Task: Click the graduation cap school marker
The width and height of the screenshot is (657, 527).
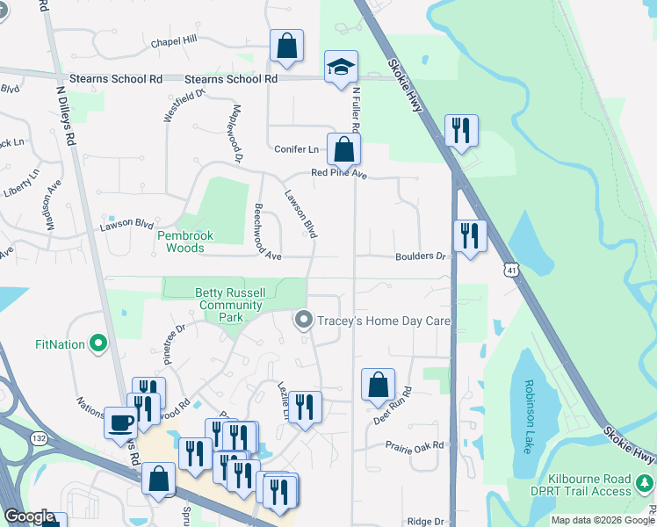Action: pos(341,68)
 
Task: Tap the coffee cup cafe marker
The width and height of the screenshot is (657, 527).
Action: pos(120,423)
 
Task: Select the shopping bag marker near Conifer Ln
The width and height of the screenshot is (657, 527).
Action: pos(343,150)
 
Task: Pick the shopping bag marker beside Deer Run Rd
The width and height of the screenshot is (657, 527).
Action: pos(378,385)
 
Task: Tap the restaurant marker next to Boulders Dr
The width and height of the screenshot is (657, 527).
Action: pos(470,236)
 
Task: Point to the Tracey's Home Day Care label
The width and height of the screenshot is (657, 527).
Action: pos(383,321)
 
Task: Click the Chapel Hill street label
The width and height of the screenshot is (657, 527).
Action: pos(174,41)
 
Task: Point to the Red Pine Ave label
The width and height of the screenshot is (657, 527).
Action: pos(339,174)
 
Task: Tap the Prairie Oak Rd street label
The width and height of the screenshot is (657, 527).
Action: pos(415,445)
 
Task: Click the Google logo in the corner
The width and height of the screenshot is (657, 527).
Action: pos(30,516)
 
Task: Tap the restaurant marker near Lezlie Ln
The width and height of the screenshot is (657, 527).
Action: pos(305,408)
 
